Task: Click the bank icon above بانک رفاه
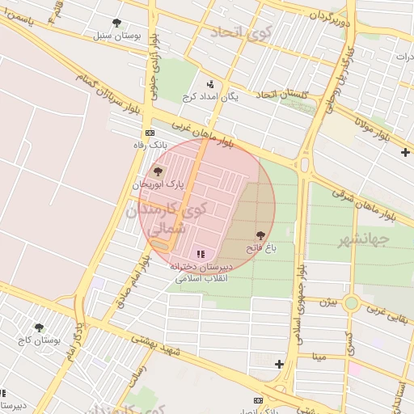click(150, 133)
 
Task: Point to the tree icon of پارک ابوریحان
click(158, 171)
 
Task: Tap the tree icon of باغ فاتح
click(260, 235)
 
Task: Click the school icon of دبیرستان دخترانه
click(201, 254)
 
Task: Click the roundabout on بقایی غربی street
click(351, 304)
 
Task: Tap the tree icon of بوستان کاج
click(39, 327)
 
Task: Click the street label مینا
click(319, 356)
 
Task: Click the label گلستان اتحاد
click(283, 95)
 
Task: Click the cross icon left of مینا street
click(279, 365)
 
